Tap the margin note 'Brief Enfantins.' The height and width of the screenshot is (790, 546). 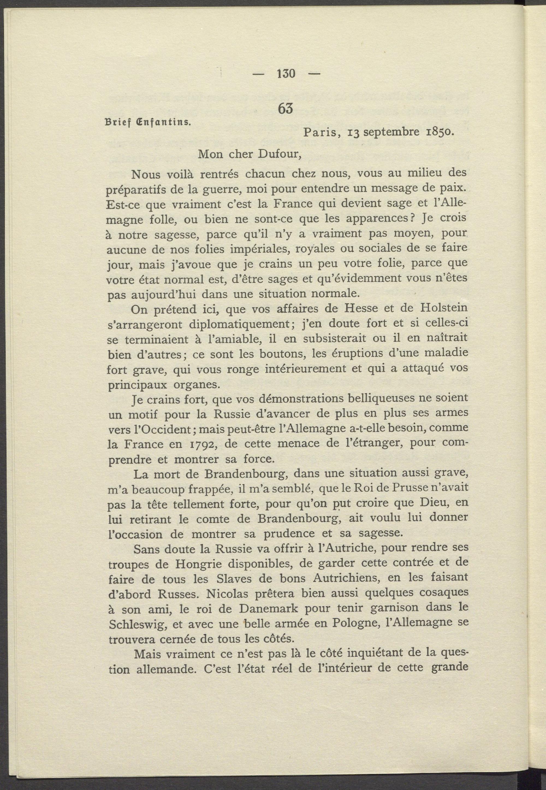tap(147, 122)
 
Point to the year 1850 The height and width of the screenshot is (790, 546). tap(439, 132)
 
